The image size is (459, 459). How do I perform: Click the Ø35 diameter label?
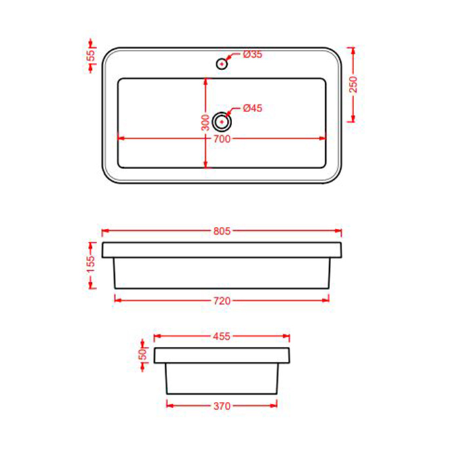pyautogui.click(x=252, y=55)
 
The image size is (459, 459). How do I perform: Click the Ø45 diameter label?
pyautogui.click(x=252, y=108)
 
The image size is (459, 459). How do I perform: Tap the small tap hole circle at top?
pyautogui.click(x=222, y=64)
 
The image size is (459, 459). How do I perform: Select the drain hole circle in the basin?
pyautogui.click(x=222, y=121)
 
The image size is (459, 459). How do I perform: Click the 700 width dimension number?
pyautogui.click(x=222, y=139)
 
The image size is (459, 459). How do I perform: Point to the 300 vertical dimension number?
pyautogui.click(x=205, y=122)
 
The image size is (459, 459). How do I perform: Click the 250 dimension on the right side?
pyautogui.click(x=353, y=85)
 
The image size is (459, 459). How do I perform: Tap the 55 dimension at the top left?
pyautogui.click(x=91, y=56)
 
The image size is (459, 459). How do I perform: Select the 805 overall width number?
pyautogui.click(x=222, y=231)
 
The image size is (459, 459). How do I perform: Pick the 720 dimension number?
pyautogui.click(x=222, y=300)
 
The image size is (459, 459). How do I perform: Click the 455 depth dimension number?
pyautogui.click(x=222, y=337)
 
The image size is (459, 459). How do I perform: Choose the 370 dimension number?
pyautogui.click(x=222, y=406)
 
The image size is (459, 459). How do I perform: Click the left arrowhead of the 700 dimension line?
pyautogui.click(x=120, y=138)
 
